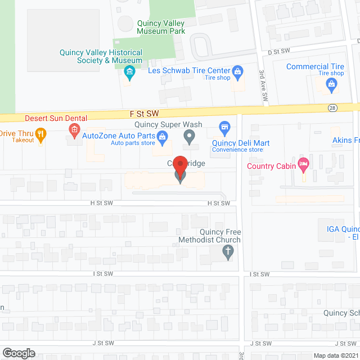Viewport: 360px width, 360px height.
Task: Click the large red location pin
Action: pyautogui.click(x=180, y=167)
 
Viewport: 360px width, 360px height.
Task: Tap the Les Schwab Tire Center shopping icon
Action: pyautogui.click(x=238, y=71)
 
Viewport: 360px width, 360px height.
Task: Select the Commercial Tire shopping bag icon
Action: pyautogui.click(x=331, y=85)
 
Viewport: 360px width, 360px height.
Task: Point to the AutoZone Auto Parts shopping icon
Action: pyautogui.click(x=162, y=136)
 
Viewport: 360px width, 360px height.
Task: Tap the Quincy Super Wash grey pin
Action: pyautogui.click(x=190, y=136)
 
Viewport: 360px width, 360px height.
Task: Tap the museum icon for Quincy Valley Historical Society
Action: pyautogui.click(x=130, y=73)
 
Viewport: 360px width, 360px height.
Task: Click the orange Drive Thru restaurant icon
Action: pyautogui.click(x=40, y=134)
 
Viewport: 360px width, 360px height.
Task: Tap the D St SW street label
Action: pyautogui.click(x=278, y=51)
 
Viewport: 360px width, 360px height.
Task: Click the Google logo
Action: pyautogui.click(x=18, y=353)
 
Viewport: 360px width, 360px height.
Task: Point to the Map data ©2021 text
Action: pyautogui.click(x=335, y=355)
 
